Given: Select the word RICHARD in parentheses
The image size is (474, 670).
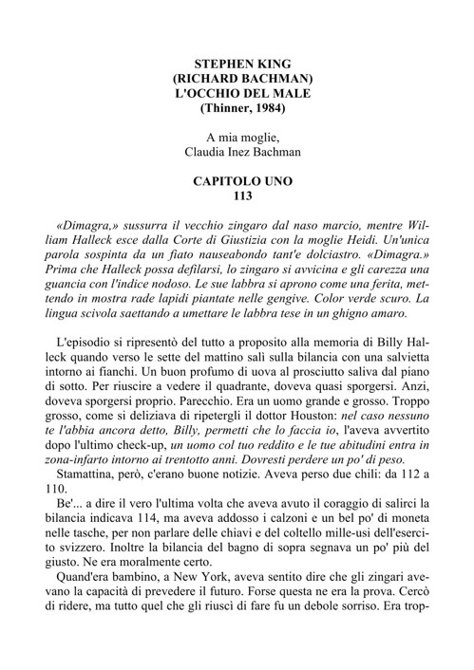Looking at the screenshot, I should pyautogui.click(x=210, y=79).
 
